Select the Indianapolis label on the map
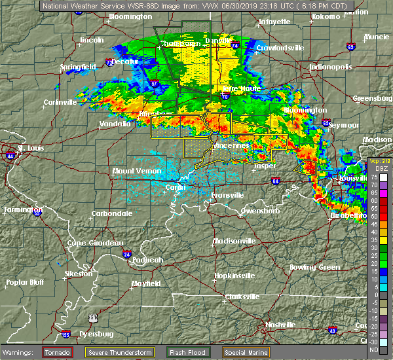click(x=332, y=67)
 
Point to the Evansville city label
click(x=227, y=195)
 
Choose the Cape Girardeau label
click(x=95, y=243)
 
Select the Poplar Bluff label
click(x=26, y=282)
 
